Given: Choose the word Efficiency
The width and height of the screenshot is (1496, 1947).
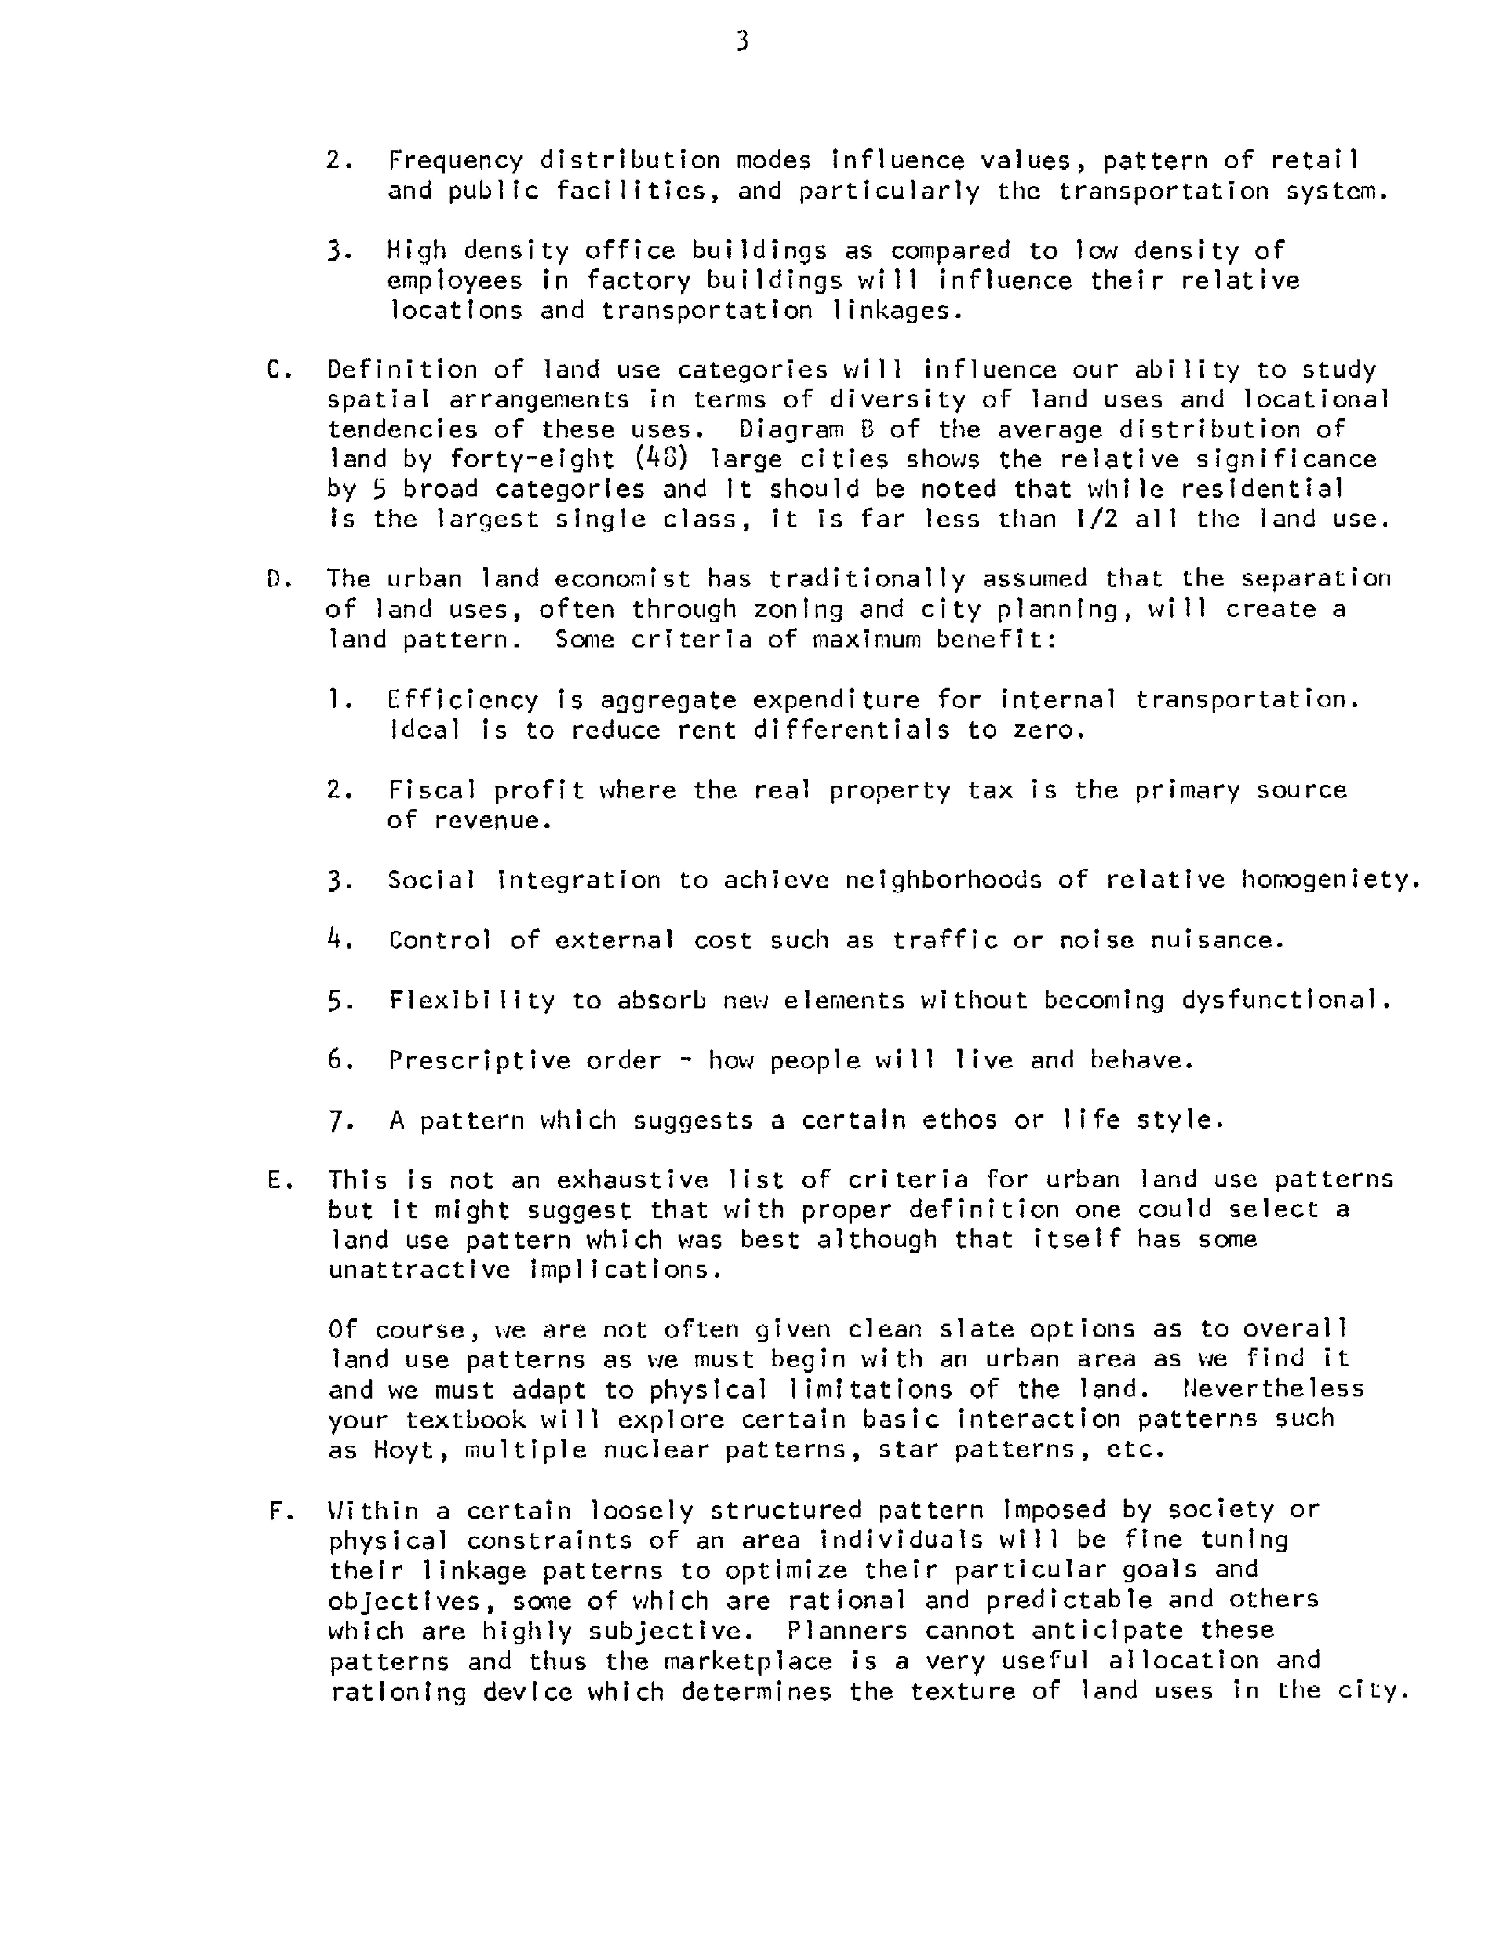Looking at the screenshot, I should point(463,700).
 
